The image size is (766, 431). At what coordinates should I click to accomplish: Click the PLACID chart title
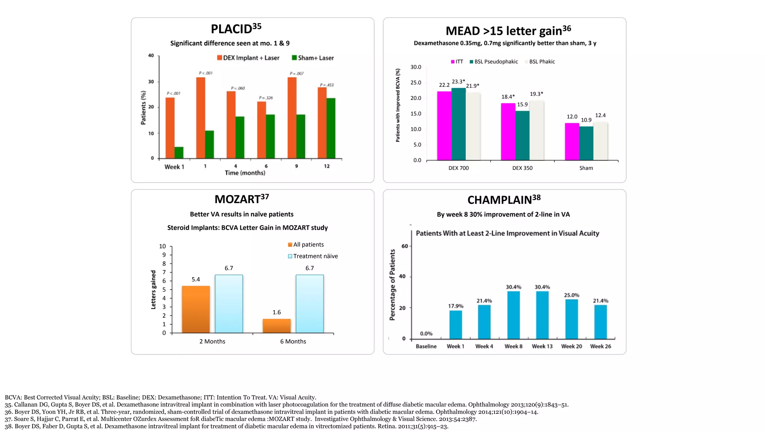click(x=236, y=29)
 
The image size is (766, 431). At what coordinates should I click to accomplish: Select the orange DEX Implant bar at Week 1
click(x=170, y=128)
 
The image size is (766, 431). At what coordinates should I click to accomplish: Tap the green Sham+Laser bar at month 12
click(x=331, y=128)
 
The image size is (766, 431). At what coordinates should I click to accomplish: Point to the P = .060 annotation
click(x=238, y=88)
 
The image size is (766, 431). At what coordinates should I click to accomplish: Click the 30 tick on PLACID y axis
click(x=151, y=82)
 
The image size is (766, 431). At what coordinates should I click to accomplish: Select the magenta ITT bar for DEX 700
click(x=444, y=126)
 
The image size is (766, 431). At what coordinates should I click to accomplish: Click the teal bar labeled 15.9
click(x=522, y=135)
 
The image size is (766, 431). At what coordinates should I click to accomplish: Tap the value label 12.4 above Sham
click(x=600, y=116)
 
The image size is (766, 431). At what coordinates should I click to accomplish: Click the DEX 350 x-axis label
click(x=522, y=168)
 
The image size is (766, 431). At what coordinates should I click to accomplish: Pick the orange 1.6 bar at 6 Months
click(x=276, y=326)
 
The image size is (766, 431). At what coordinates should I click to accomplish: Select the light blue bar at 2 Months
click(x=229, y=304)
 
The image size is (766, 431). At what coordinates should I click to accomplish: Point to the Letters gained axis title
click(x=153, y=290)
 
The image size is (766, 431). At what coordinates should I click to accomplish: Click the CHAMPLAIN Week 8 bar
click(x=513, y=315)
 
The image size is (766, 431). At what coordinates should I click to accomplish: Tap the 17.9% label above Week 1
click(x=456, y=306)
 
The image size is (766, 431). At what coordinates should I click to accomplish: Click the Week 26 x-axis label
click(x=600, y=346)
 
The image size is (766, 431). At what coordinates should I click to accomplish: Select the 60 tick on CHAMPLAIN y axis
click(x=405, y=246)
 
